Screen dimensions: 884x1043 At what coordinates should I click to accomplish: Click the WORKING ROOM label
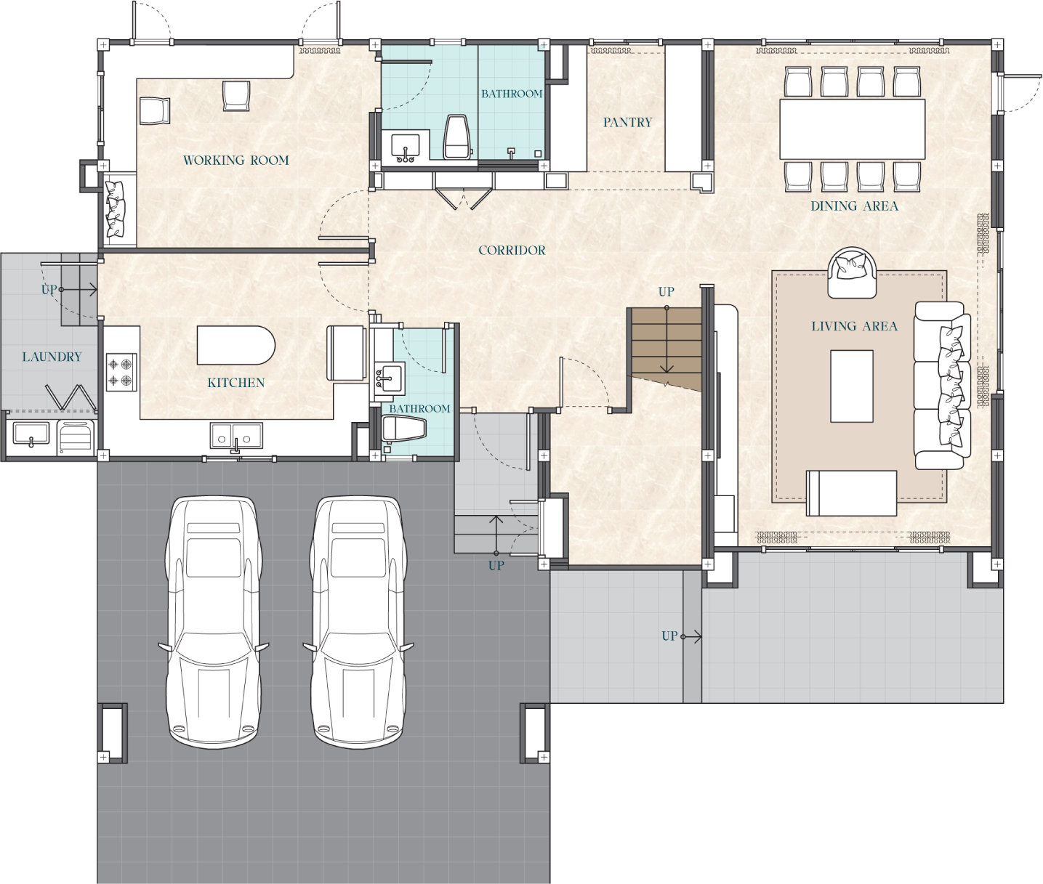(235, 161)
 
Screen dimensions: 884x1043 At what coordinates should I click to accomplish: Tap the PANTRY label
(627, 123)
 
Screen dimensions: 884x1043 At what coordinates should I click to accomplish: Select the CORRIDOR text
(512, 251)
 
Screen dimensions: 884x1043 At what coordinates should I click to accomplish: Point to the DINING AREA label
(854, 206)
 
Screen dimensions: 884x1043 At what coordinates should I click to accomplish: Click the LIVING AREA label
(854, 327)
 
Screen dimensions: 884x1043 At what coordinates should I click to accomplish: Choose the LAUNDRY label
(52, 357)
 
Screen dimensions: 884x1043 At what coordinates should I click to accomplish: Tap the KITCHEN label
(235, 383)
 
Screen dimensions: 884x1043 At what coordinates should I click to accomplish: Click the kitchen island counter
(235, 346)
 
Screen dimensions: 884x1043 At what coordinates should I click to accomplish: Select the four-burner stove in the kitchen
(121, 372)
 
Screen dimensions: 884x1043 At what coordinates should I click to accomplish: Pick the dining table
(852, 129)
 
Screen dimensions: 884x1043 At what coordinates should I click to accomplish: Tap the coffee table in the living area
(852, 386)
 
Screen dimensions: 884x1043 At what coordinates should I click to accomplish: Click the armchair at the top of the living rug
(852, 274)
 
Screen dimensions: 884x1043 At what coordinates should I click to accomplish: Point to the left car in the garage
(213, 621)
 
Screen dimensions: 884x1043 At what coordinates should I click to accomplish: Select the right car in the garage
(358, 621)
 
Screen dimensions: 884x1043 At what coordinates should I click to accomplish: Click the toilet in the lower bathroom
(403, 429)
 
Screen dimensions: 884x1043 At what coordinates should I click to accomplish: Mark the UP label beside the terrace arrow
(669, 636)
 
